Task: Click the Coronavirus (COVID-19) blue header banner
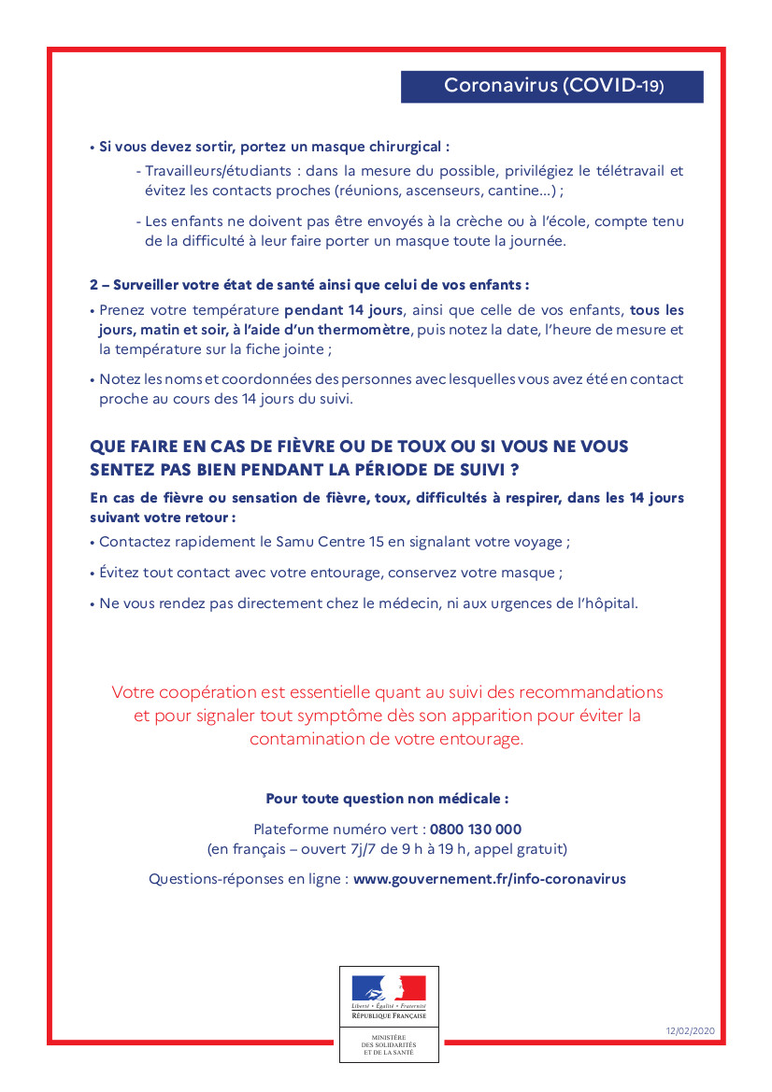[552, 87]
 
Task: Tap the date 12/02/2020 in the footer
[690, 1030]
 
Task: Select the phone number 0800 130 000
[476, 830]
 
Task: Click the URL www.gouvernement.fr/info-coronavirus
[490, 879]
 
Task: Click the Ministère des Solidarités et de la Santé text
[389, 1044]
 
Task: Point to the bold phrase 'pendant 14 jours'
[343, 310]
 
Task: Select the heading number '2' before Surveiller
[93, 284]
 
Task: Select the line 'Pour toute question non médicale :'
[387, 799]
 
